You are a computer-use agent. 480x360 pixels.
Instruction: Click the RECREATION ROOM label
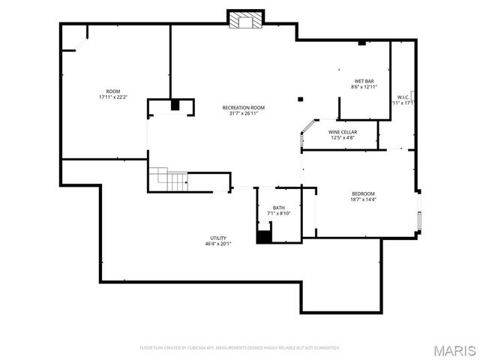pos(244,108)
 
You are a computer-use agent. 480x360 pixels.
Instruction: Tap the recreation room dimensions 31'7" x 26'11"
pos(244,114)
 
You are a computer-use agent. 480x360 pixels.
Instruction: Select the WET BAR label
pos(364,81)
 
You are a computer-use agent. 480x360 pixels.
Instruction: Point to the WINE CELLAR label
pos(342,132)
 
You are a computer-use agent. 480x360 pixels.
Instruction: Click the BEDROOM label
pos(364,193)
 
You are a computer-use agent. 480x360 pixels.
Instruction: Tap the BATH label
pos(278,208)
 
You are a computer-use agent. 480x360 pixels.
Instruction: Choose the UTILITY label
pos(218,238)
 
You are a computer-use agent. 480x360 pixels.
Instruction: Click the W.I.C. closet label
pos(403,97)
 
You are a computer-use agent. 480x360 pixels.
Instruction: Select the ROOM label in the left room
pos(113,91)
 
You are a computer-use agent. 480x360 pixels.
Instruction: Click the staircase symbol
pos(168,180)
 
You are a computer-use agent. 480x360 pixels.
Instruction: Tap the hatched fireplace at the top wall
pos(245,20)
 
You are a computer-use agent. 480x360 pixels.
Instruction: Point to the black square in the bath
pos(264,237)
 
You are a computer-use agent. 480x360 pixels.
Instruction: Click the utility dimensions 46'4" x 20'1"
pos(218,244)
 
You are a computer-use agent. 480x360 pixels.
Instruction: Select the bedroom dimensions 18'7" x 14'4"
pos(364,199)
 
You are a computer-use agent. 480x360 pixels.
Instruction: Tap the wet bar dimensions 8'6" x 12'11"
pos(364,87)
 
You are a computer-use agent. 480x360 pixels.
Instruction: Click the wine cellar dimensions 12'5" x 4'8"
pos(342,138)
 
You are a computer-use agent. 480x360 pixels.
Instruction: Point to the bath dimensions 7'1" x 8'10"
pos(278,214)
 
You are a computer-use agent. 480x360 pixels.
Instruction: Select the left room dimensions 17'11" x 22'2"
pos(113,97)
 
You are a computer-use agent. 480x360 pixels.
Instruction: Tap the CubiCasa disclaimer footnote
pos(240,348)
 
